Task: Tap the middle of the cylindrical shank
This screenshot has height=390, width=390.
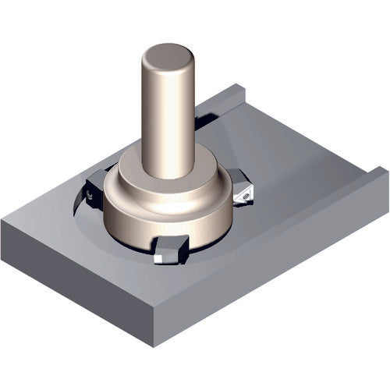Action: pyautogui.click(x=168, y=117)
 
